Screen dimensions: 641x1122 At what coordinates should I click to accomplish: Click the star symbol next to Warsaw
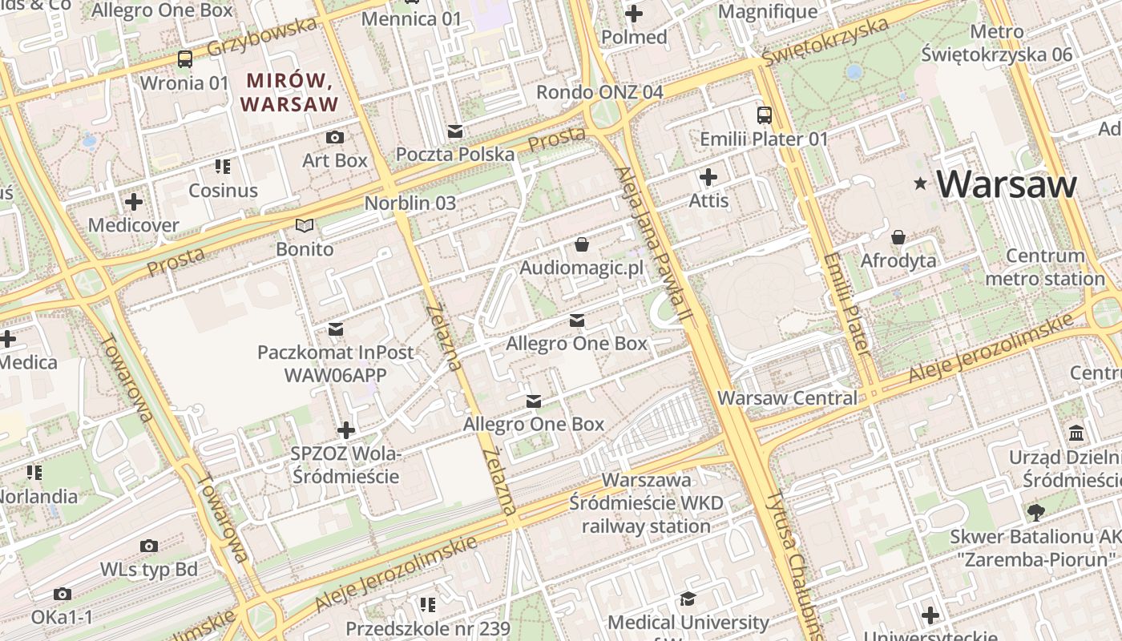[921, 185]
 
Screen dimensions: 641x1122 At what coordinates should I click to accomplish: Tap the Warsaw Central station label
[787, 398]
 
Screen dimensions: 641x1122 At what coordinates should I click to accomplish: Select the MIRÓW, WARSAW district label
[289, 92]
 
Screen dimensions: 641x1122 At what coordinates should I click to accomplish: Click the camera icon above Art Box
[335, 138]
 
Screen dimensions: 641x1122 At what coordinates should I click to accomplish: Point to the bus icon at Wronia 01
[185, 58]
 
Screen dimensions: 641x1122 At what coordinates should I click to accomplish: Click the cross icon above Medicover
[134, 202]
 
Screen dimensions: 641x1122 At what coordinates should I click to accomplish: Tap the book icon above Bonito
[305, 226]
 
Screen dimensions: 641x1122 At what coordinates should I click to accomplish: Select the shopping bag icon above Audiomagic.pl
[581, 244]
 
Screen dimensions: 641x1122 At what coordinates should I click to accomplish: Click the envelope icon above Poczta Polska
[455, 131]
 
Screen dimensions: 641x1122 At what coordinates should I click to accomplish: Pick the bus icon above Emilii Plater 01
[764, 115]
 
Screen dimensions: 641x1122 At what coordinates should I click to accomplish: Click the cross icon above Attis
[708, 177]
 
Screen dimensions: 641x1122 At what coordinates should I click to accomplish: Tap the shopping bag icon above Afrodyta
[898, 237]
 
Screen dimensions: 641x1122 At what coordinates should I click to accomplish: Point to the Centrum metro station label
[1045, 268]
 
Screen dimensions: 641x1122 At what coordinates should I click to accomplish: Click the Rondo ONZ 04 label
[599, 92]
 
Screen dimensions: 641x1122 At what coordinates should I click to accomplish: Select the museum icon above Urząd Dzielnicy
[1077, 433]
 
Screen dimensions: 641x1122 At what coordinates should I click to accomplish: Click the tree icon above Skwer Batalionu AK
[1035, 512]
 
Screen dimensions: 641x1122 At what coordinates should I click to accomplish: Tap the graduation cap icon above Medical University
[688, 599]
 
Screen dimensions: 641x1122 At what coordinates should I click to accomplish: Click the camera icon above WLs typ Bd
[148, 546]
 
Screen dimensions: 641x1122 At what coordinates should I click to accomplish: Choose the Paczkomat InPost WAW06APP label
[335, 363]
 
